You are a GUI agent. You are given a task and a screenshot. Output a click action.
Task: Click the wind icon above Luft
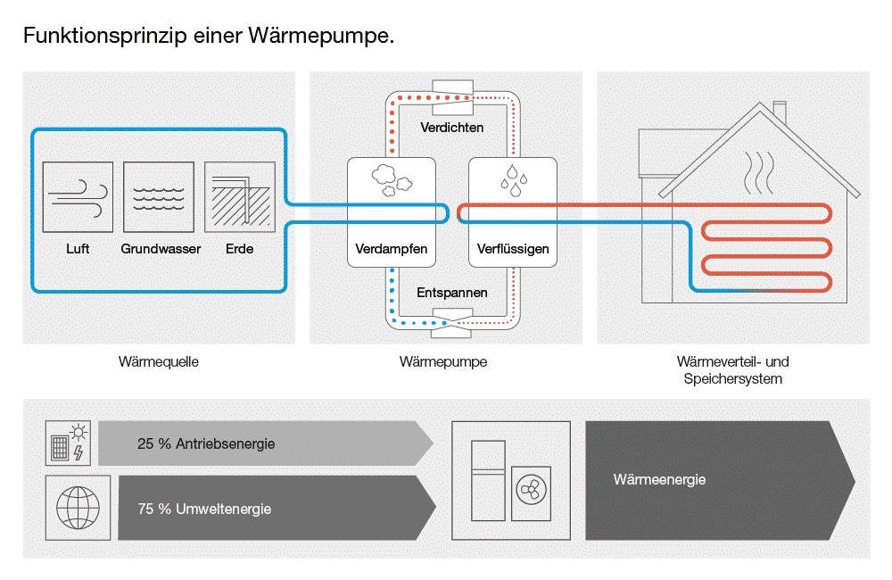78,197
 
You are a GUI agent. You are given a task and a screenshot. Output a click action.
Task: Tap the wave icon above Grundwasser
159,197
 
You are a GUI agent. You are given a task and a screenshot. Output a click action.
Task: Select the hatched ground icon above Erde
239,197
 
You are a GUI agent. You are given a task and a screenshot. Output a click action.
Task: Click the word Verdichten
451,128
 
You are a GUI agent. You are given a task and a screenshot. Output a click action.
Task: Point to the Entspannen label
451,294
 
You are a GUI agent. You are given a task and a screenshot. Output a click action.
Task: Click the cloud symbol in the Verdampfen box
392,180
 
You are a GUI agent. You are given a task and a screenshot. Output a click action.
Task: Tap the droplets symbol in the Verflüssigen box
514,180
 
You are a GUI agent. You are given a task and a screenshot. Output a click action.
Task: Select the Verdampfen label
392,249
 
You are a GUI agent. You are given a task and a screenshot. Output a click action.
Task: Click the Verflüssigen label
513,249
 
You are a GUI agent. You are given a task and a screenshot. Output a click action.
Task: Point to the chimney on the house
780,112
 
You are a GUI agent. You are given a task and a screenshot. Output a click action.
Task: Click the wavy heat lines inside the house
759,172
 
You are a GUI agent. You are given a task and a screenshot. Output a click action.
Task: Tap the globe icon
78,508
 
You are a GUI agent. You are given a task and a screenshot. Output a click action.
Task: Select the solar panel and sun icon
69,443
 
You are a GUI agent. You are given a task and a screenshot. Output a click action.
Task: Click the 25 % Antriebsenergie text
206,444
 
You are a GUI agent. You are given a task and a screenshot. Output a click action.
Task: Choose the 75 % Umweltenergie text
204,509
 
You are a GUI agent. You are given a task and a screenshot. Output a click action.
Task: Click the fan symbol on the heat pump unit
532,490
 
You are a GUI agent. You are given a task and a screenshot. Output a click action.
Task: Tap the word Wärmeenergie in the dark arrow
659,480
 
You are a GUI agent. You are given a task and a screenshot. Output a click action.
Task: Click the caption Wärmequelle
159,362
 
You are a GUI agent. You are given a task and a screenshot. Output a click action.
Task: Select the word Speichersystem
732,379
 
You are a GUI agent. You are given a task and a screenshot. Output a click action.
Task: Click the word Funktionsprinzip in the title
105,36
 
